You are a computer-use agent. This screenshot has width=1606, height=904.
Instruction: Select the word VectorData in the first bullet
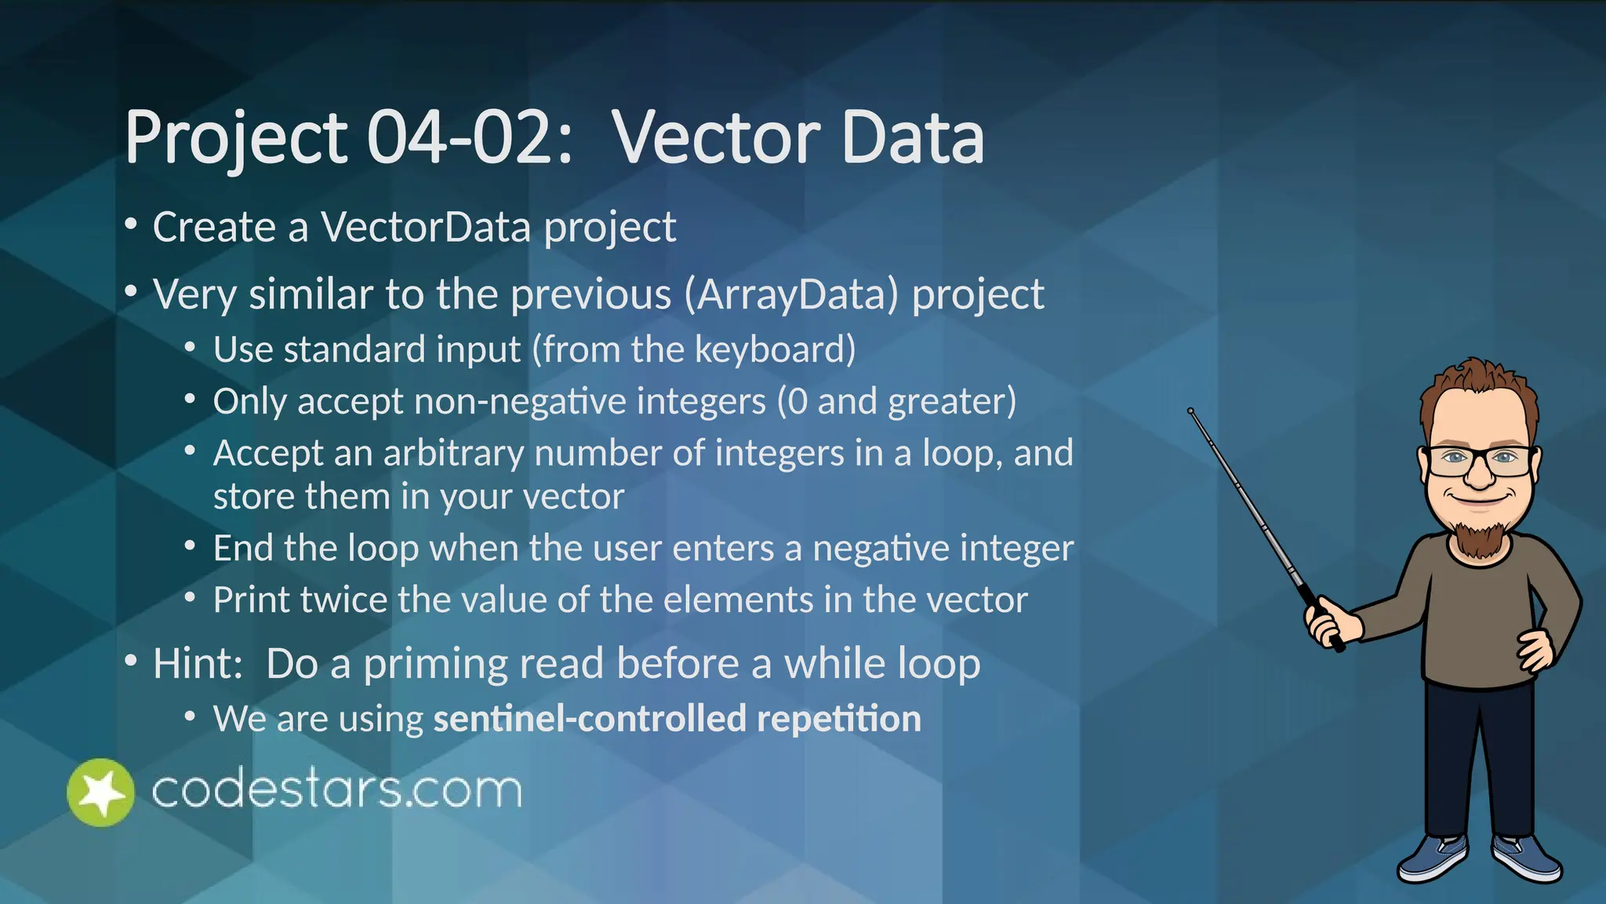tap(426, 228)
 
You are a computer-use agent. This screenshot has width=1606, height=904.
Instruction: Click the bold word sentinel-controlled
tap(589, 719)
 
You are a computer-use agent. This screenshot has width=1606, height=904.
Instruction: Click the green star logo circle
tap(100, 793)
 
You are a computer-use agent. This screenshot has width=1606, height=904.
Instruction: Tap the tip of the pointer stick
tap(1190, 411)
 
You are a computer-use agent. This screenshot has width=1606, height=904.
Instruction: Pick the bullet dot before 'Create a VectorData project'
tap(131, 226)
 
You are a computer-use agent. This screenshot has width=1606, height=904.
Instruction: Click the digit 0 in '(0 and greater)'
tap(797, 402)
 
